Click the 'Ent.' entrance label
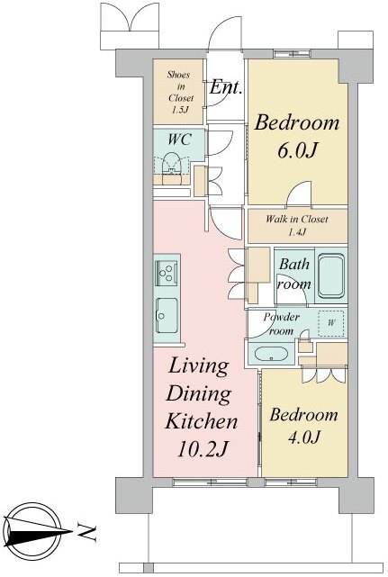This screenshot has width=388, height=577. pyautogui.click(x=226, y=87)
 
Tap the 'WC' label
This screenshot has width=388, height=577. pyautogui.click(x=180, y=140)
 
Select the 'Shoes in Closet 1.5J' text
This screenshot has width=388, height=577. pyautogui.click(x=180, y=92)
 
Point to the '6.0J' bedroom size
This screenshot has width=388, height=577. pyautogui.click(x=297, y=150)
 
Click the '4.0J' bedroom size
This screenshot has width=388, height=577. pyautogui.click(x=304, y=437)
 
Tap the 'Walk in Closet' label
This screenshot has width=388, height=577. pyautogui.click(x=297, y=220)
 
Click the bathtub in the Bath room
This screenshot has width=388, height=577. pyautogui.click(x=331, y=275)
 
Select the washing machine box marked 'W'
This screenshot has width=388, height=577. pyautogui.click(x=331, y=323)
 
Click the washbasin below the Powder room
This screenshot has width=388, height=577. pyautogui.click(x=271, y=354)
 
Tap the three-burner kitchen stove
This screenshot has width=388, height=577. pyautogui.click(x=167, y=273)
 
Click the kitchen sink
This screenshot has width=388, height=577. pyautogui.click(x=167, y=315)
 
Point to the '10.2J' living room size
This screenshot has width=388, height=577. pyautogui.click(x=203, y=448)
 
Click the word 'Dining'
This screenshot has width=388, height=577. pyautogui.click(x=198, y=393)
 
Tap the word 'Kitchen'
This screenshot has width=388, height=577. pyautogui.click(x=202, y=420)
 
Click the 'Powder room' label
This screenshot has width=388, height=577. pyautogui.click(x=282, y=323)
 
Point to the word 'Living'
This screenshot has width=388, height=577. pyautogui.click(x=198, y=366)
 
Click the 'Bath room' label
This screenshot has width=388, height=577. pyautogui.click(x=294, y=274)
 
